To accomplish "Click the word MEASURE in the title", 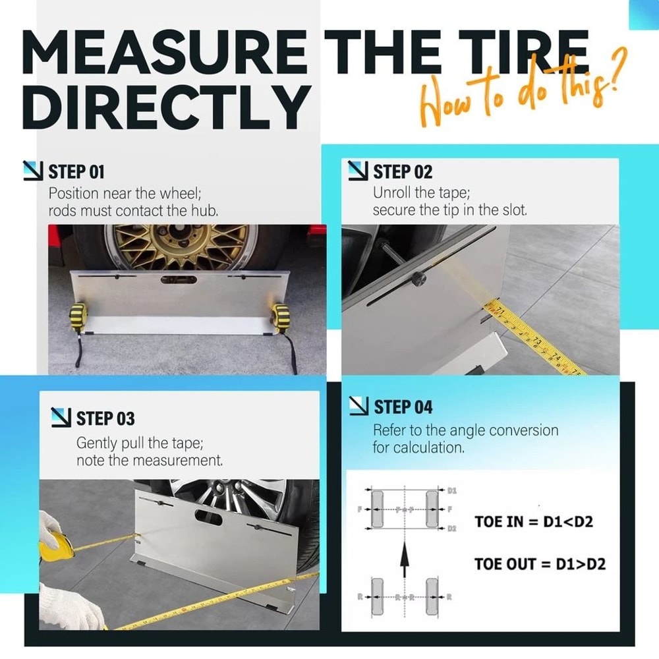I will pos(165,53).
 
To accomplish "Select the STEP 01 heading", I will pos(76,173).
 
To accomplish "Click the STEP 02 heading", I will pos(402,173).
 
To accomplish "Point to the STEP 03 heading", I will pos(105,418).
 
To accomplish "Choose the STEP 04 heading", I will pos(403,407).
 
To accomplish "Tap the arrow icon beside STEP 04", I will pos(358,406).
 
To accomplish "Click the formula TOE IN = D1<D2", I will pos(534,522).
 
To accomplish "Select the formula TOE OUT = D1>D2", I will pos(540,564).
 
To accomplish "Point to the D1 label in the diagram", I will pos(452,491).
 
